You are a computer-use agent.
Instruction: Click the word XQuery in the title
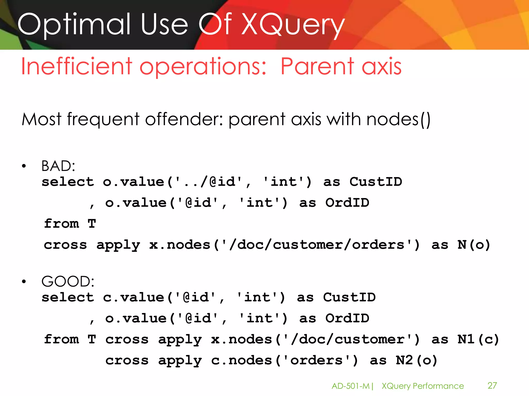293,25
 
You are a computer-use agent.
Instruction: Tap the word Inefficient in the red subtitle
76,67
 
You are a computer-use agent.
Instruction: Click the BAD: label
58,166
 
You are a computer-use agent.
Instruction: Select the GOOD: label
68,281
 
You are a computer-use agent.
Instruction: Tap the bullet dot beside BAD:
24,166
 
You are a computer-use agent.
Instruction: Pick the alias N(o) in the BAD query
474,245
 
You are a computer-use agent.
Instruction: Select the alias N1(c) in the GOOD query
478,339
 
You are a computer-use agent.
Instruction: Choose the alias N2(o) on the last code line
416,360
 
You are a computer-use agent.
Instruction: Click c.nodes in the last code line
242,360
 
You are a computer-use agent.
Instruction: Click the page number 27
492,386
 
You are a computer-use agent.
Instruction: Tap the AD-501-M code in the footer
351,386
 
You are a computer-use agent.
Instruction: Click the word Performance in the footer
438,386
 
